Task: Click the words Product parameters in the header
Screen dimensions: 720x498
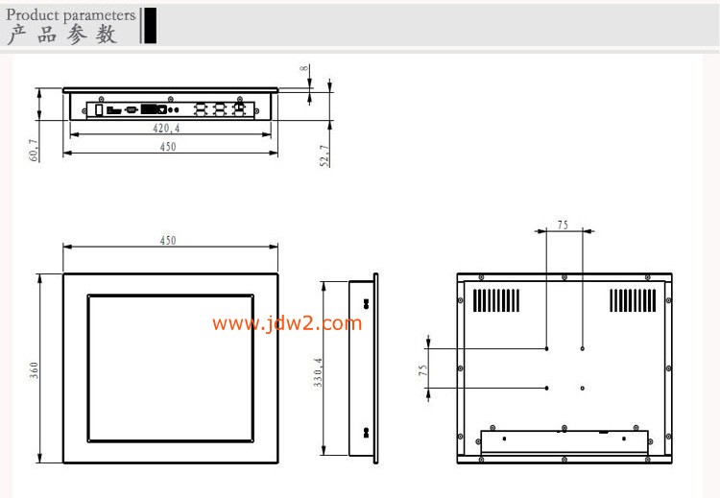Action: coord(71,15)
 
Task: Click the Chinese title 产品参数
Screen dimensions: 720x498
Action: coord(62,35)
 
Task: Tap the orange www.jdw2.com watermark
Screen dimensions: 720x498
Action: coord(287,323)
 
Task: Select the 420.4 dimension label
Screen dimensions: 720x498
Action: coord(166,129)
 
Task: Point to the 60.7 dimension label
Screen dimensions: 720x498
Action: coord(34,150)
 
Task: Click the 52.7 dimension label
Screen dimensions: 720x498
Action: coord(324,155)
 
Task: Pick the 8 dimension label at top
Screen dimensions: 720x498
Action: coord(304,68)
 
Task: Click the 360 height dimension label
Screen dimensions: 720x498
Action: coord(34,370)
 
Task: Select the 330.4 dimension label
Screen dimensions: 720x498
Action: coord(318,372)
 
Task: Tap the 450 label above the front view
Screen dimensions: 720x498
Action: coord(168,241)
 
